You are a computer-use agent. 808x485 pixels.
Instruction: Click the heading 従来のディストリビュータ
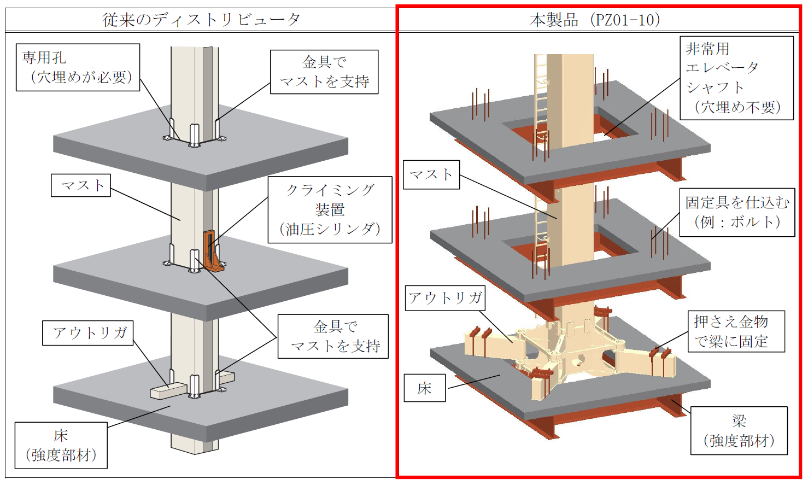(x=201, y=20)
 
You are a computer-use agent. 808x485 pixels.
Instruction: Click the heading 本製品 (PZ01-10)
(x=595, y=20)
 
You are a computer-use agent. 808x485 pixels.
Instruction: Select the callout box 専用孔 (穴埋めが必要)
(x=78, y=67)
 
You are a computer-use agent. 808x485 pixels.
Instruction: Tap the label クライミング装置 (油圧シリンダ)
(x=330, y=209)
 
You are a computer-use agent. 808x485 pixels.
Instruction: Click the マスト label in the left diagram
(x=81, y=185)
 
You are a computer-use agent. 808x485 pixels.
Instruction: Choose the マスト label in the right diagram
(x=431, y=174)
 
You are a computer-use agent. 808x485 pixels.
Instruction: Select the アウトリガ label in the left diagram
(x=88, y=332)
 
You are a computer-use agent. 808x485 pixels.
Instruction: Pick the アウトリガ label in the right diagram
(x=445, y=298)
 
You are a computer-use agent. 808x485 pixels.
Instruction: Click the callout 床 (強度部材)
(x=61, y=445)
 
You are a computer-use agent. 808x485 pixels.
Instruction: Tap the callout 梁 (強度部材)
(x=739, y=430)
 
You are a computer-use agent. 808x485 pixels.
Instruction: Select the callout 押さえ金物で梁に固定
(x=736, y=331)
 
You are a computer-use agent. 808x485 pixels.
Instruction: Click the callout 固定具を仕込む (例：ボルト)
(x=737, y=212)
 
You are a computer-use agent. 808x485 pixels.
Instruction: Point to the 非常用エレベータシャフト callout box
(x=736, y=78)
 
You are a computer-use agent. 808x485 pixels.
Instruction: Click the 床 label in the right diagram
(x=425, y=388)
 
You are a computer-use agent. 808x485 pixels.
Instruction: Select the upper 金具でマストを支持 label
(x=324, y=72)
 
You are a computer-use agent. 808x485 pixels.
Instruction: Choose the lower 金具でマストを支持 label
(x=333, y=336)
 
